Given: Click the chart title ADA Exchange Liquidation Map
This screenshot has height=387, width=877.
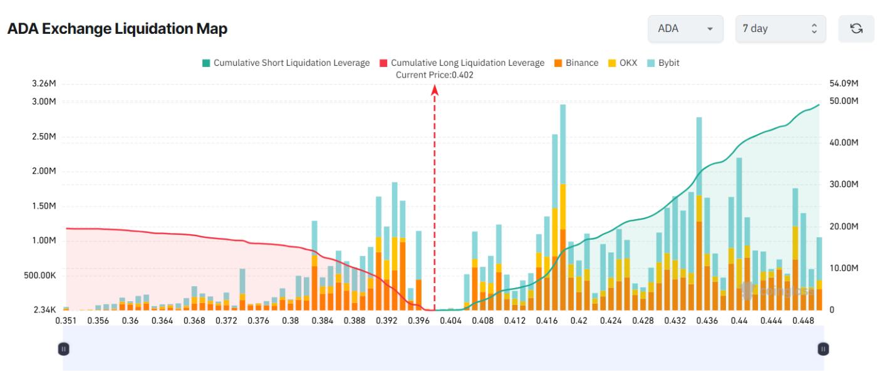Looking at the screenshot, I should coord(117,29).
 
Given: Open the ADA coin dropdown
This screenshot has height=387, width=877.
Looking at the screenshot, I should coord(686,29).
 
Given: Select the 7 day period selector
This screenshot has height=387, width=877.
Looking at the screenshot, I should coord(779,29).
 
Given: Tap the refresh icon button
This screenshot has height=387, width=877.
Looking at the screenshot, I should coord(855,29).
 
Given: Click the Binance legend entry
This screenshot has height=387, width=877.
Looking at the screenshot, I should coord(576,63).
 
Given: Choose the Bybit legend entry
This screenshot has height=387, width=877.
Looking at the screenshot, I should coord(666,63).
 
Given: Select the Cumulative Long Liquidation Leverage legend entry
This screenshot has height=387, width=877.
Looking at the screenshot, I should coord(462,63).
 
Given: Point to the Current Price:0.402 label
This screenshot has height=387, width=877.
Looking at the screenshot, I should coord(435,75).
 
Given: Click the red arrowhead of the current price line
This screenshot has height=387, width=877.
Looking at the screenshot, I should coord(435,90).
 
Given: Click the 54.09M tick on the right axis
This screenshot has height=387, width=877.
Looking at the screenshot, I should coord(843,84).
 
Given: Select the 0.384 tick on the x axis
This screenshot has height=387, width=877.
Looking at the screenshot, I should coord(322,321).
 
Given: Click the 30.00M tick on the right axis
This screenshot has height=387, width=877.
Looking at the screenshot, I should coord(843,185).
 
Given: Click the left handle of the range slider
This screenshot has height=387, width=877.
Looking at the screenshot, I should coord(63,349).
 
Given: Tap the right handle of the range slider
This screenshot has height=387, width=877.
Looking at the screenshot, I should coord(823,349).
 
